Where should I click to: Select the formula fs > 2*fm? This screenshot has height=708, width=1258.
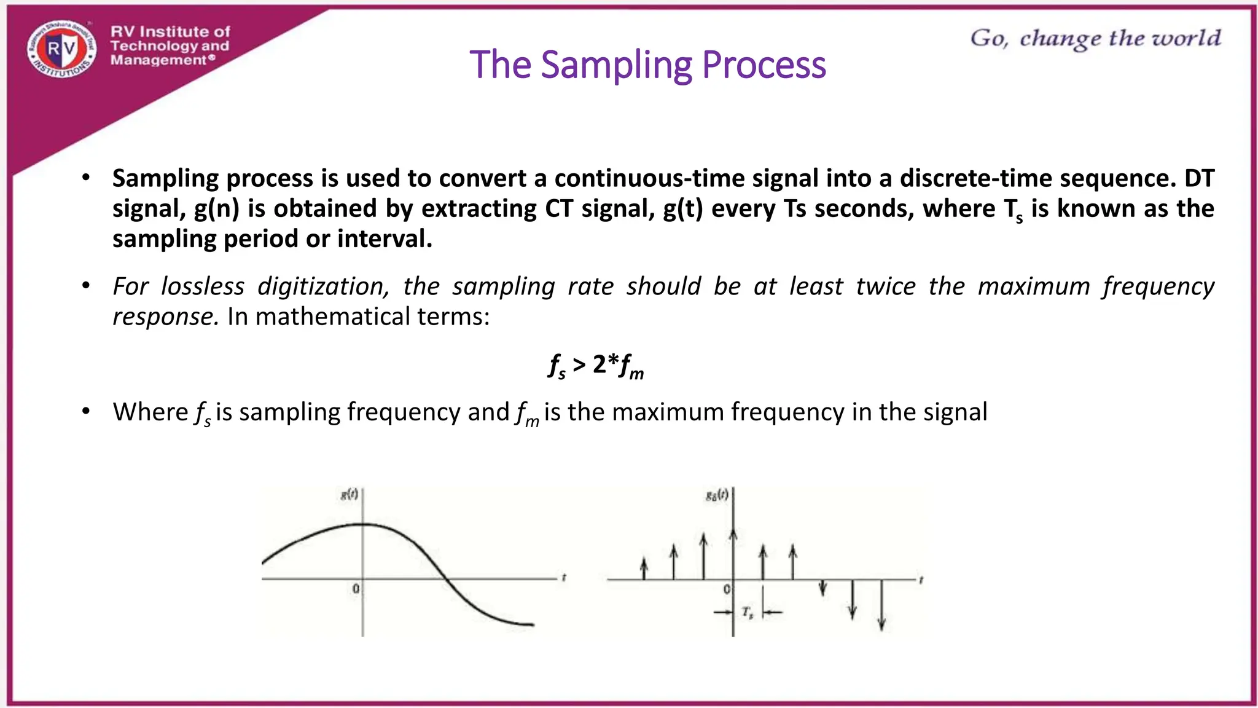pos(596,366)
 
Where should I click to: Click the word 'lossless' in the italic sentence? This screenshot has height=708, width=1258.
pos(203,287)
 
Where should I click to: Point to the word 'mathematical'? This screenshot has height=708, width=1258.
pos(332,317)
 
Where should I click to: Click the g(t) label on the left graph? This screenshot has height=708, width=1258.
pos(349,494)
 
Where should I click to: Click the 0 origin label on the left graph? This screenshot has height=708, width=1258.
pos(356,589)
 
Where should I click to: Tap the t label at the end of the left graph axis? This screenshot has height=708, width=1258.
pos(563,578)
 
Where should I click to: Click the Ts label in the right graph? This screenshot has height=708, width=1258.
pos(747,612)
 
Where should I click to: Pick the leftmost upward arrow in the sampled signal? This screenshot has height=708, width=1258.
pos(644,568)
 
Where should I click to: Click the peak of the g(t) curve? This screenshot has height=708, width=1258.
pos(364,524)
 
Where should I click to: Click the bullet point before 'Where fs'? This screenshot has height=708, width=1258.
pos(86,411)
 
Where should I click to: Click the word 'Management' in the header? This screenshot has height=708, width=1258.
pos(158,60)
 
